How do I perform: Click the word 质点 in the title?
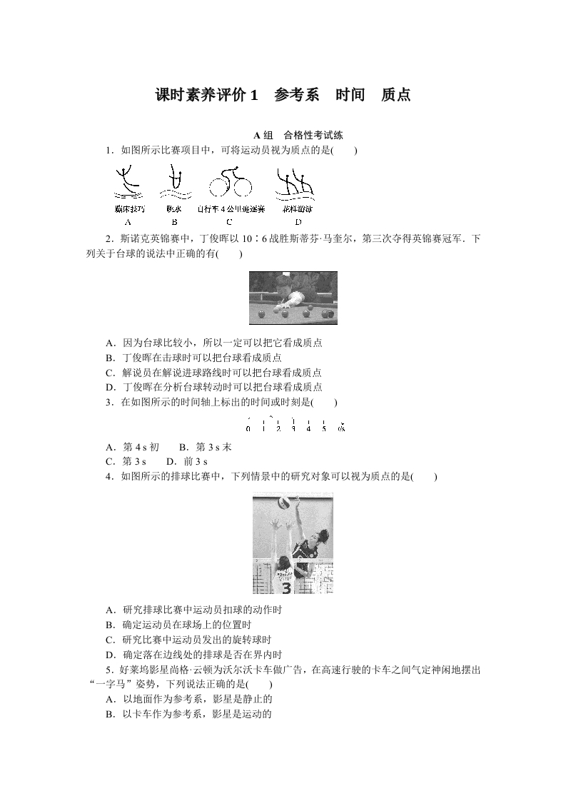(x=395, y=95)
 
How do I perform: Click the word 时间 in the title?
(x=350, y=95)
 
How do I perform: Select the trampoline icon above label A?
(x=129, y=183)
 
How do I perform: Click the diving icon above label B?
(x=173, y=183)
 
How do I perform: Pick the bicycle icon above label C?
(x=231, y=184)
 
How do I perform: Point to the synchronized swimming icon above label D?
(x=293, y=183)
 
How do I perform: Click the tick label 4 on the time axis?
(x=308, y=428)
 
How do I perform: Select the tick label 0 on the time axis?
(x=248, y=428)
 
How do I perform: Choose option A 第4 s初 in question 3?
(x=132, y=447)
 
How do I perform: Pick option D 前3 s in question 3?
(x=181, y=460)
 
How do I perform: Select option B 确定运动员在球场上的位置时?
(x=185, y=625)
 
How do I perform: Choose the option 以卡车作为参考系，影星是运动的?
(x=188, y=713)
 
